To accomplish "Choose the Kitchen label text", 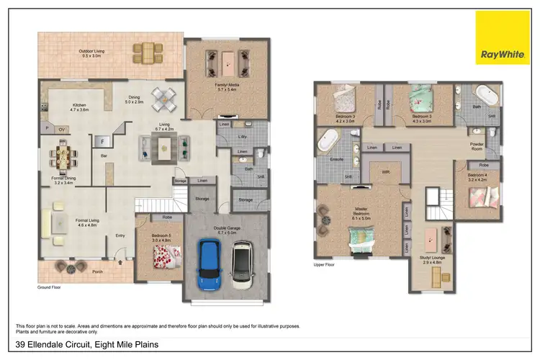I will coord(79,107).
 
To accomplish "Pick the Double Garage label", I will coord(226,232).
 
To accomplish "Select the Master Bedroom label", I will coord(361,212).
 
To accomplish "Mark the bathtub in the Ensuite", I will coord(333,137).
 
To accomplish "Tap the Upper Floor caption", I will coord(325,264).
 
